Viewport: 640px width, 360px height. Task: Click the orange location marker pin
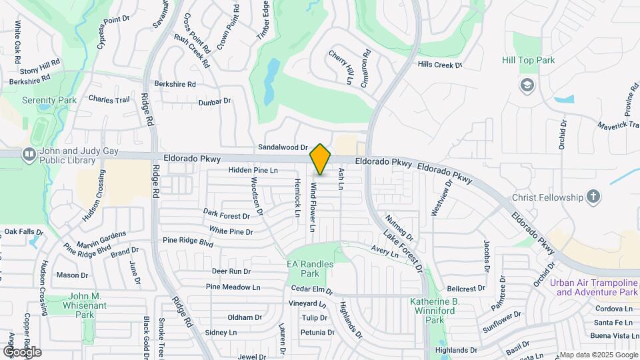[321, 159]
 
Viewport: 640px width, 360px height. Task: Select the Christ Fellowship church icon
[593, 197]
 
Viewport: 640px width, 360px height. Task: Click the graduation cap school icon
[527, 85]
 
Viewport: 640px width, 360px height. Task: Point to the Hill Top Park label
[528, 61]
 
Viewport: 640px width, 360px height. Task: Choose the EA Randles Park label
[310, 269]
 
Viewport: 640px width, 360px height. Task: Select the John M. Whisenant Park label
[85, 305]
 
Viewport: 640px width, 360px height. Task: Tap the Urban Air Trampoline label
[594, 287]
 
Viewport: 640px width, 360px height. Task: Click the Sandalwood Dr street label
[283, 147]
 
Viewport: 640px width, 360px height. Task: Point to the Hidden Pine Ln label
[253, 171]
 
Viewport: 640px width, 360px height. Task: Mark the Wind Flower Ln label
[312, 209]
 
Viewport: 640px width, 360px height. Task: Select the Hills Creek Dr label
[439, 65]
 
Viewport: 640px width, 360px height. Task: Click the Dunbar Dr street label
[214, 101]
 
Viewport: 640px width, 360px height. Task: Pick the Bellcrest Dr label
[466, 289]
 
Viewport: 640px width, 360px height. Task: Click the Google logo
[22, 351]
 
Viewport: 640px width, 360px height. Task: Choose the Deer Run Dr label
[231, 271]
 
